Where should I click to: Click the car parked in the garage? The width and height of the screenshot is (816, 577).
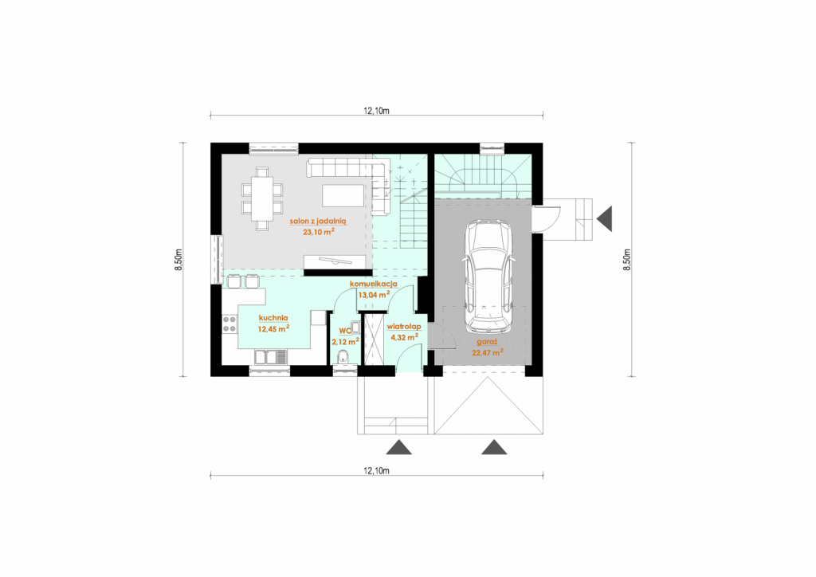click(488, 277)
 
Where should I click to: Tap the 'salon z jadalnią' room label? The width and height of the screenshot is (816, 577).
click(318, 221)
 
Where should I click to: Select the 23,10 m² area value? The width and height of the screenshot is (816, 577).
click(319, 232)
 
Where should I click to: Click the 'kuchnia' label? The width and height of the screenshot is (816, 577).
click(273, 318)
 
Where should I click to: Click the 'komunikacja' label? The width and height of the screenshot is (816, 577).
click(374, 284)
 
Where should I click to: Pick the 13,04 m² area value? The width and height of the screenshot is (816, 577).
click(375, 295)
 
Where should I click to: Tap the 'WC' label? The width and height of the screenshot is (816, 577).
click(345, 331)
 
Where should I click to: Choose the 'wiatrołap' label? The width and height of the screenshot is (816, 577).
click(404, 327)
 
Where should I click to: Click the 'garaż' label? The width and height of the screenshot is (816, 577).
click(487, 343)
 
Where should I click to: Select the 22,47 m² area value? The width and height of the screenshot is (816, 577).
click(488, 353)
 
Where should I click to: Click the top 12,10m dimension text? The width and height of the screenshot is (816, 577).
click(376, 110)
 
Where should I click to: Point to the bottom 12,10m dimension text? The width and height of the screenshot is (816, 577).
click(376, 471)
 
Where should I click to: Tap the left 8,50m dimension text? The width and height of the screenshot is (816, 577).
click(178, 259)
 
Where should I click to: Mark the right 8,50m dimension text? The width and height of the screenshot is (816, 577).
click(627, 259)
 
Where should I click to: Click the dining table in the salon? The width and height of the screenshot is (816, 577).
click(261, 198)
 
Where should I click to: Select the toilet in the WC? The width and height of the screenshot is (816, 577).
click(343, 358)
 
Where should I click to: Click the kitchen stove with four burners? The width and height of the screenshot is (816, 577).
click(229, 324)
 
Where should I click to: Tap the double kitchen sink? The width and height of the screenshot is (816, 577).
click(271, 357)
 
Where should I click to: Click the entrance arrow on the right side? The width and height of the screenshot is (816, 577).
click(604, 218)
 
